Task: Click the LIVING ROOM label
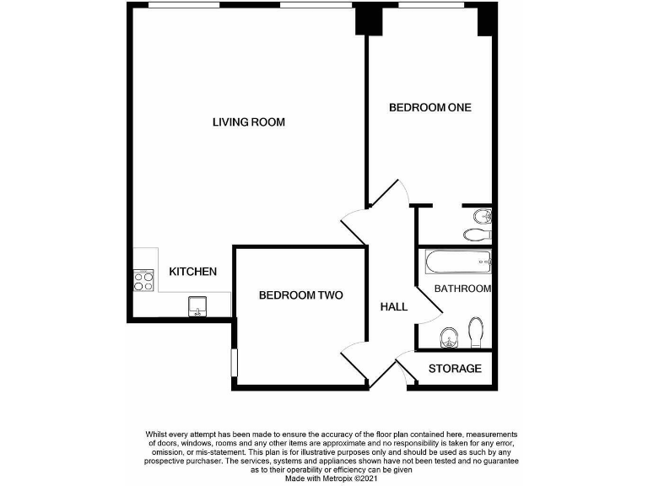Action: point(248,122)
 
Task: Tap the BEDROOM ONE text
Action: point(429,108)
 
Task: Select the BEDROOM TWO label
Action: point(300,295)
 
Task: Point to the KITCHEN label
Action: point(193,272)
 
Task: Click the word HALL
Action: point(393,306)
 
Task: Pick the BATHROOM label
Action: point(462,289)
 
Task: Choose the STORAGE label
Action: point(455,369)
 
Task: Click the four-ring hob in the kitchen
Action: point(143,280)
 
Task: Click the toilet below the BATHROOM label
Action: point(476,332)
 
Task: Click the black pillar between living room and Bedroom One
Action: point(368,20)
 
